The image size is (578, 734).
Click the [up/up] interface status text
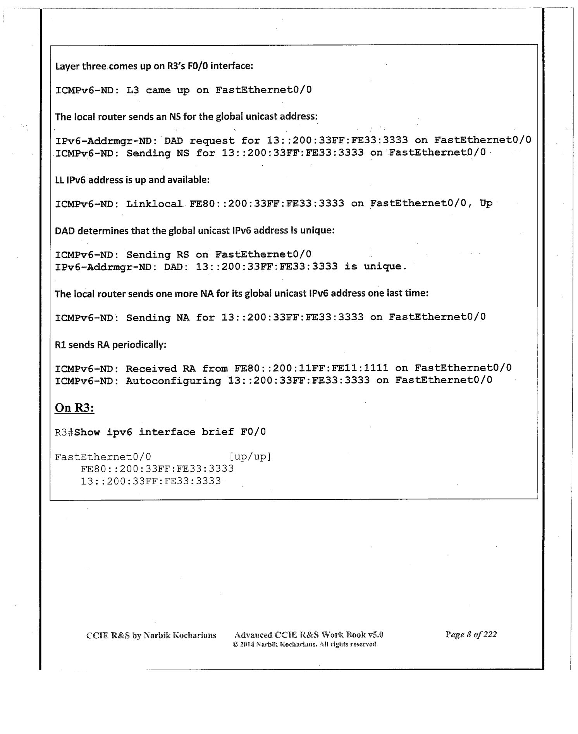point(250,457)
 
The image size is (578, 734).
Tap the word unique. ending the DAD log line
point(385,266)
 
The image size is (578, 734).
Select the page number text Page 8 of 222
point(471,634)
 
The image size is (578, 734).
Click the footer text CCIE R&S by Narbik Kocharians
point(151,635)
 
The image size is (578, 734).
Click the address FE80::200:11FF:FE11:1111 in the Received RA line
point(311,368)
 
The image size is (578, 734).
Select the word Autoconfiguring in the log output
point(173,381)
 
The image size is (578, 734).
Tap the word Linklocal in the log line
point(154,204)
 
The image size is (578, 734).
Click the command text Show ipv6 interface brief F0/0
point(170,432)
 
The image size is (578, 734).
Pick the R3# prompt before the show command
point(64,432)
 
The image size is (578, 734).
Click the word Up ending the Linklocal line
point(486,203)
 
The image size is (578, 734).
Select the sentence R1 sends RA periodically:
point(110,344)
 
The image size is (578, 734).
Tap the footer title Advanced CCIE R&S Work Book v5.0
point(309,635)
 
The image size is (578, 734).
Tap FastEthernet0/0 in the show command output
point(103,457)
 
